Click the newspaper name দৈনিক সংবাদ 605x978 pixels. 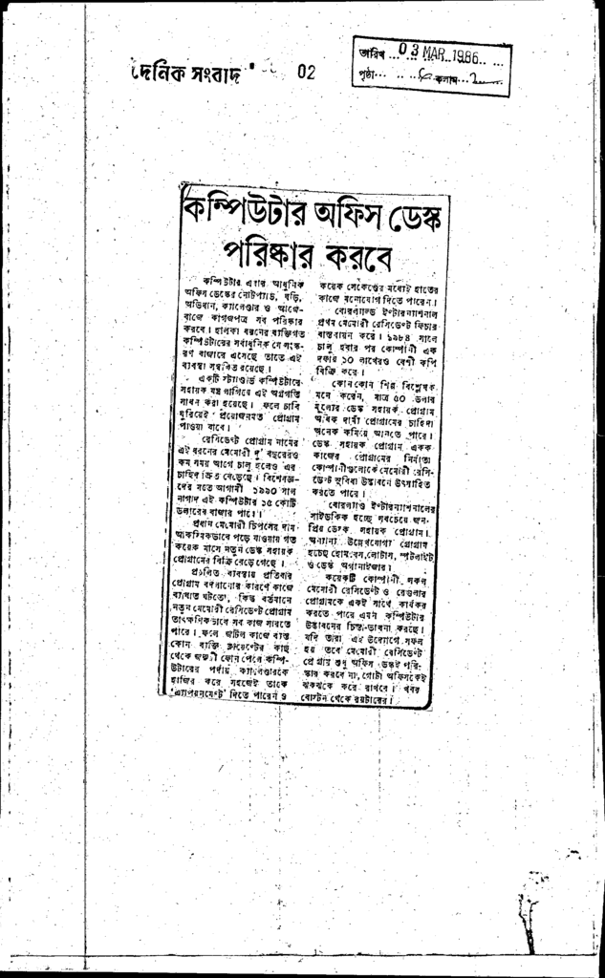[188, 73]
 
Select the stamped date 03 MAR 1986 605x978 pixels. [439, 51]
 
